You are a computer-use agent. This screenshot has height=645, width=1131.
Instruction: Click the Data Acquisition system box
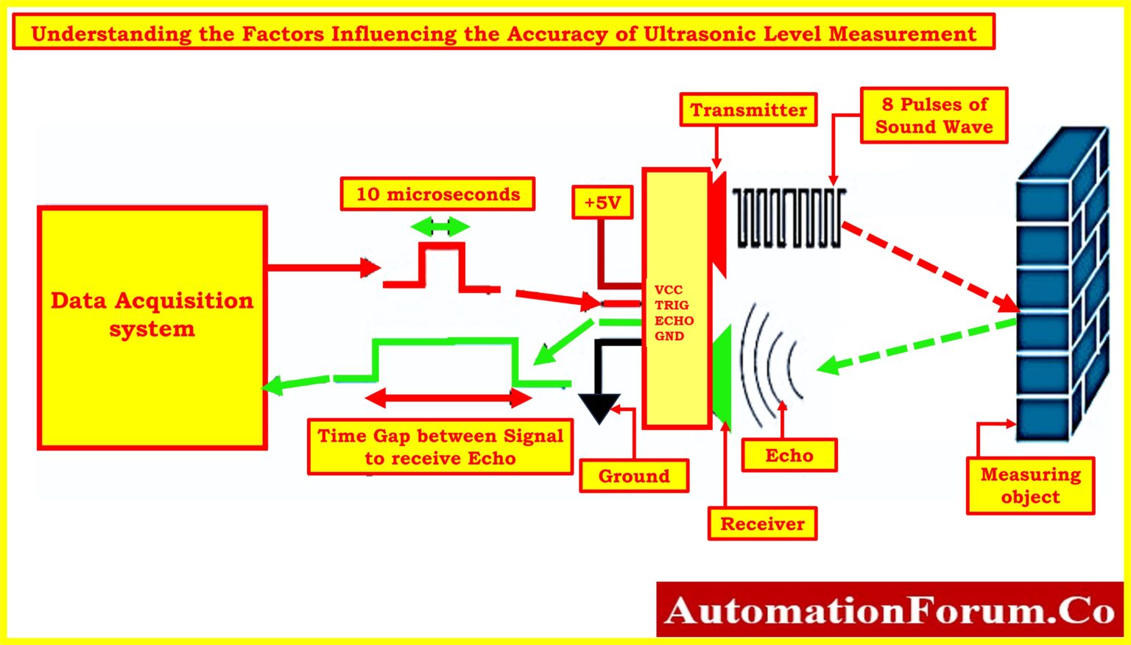[x=152, y=328]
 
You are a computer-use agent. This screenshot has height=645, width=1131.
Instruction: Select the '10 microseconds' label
[x=437, y=194]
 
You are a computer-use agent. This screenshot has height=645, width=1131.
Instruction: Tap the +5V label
[x=602, y=202]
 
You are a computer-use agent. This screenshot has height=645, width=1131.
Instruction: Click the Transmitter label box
[x=748, y=110]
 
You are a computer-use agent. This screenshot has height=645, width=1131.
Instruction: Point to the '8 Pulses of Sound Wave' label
[x=934, y=116]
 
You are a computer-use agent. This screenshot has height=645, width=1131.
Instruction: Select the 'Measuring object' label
[x=1030, y=485]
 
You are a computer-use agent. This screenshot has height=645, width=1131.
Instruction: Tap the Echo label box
[x=789, y=456]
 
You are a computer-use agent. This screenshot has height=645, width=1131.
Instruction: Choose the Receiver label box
[x=762, y=524]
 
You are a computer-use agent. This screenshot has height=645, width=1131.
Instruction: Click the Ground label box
[x=634, y=476]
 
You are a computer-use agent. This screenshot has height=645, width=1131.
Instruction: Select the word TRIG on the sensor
[x=672, y=305]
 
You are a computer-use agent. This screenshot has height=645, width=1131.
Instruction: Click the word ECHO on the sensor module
[x=674, y=320]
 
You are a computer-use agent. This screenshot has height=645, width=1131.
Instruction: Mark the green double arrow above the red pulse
[x=440, y=226]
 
